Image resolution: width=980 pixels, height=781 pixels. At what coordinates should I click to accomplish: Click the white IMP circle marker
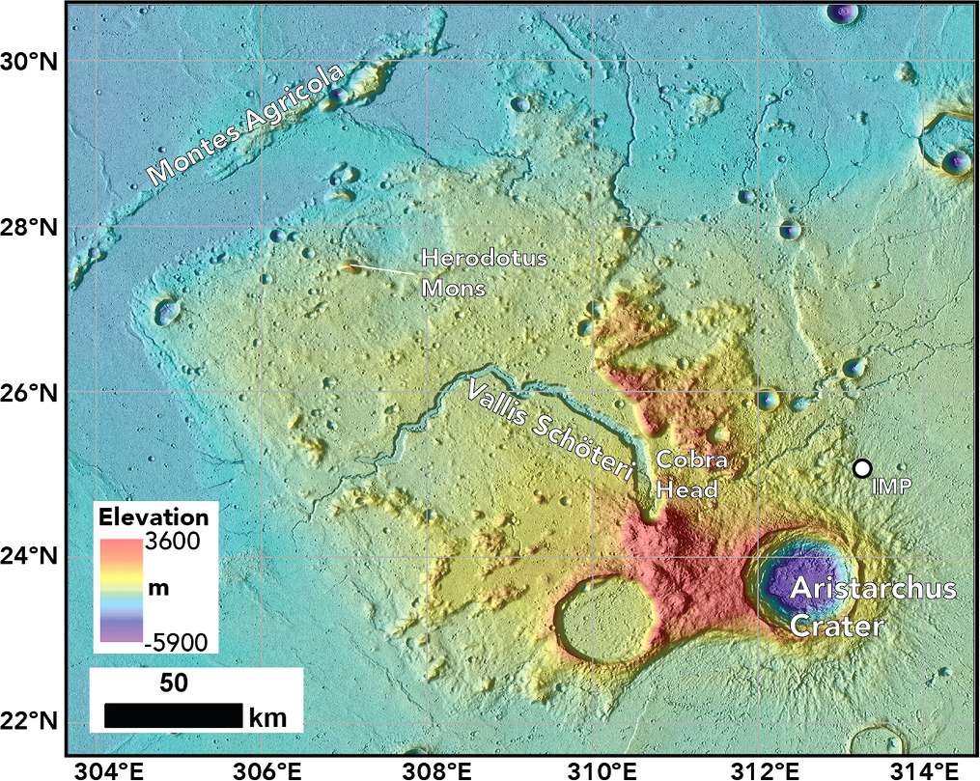tap(861, 468)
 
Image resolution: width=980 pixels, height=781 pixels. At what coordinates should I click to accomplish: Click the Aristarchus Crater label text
tap(873, 607)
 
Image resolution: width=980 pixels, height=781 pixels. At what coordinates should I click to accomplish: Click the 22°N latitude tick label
tap(31, 721)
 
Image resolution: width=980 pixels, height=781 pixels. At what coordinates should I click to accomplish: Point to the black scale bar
tap(173, 715)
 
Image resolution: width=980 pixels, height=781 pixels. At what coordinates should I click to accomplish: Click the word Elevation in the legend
tap(154, 516)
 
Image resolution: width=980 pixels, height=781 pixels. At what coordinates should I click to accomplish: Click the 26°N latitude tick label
tap(31, 393)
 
